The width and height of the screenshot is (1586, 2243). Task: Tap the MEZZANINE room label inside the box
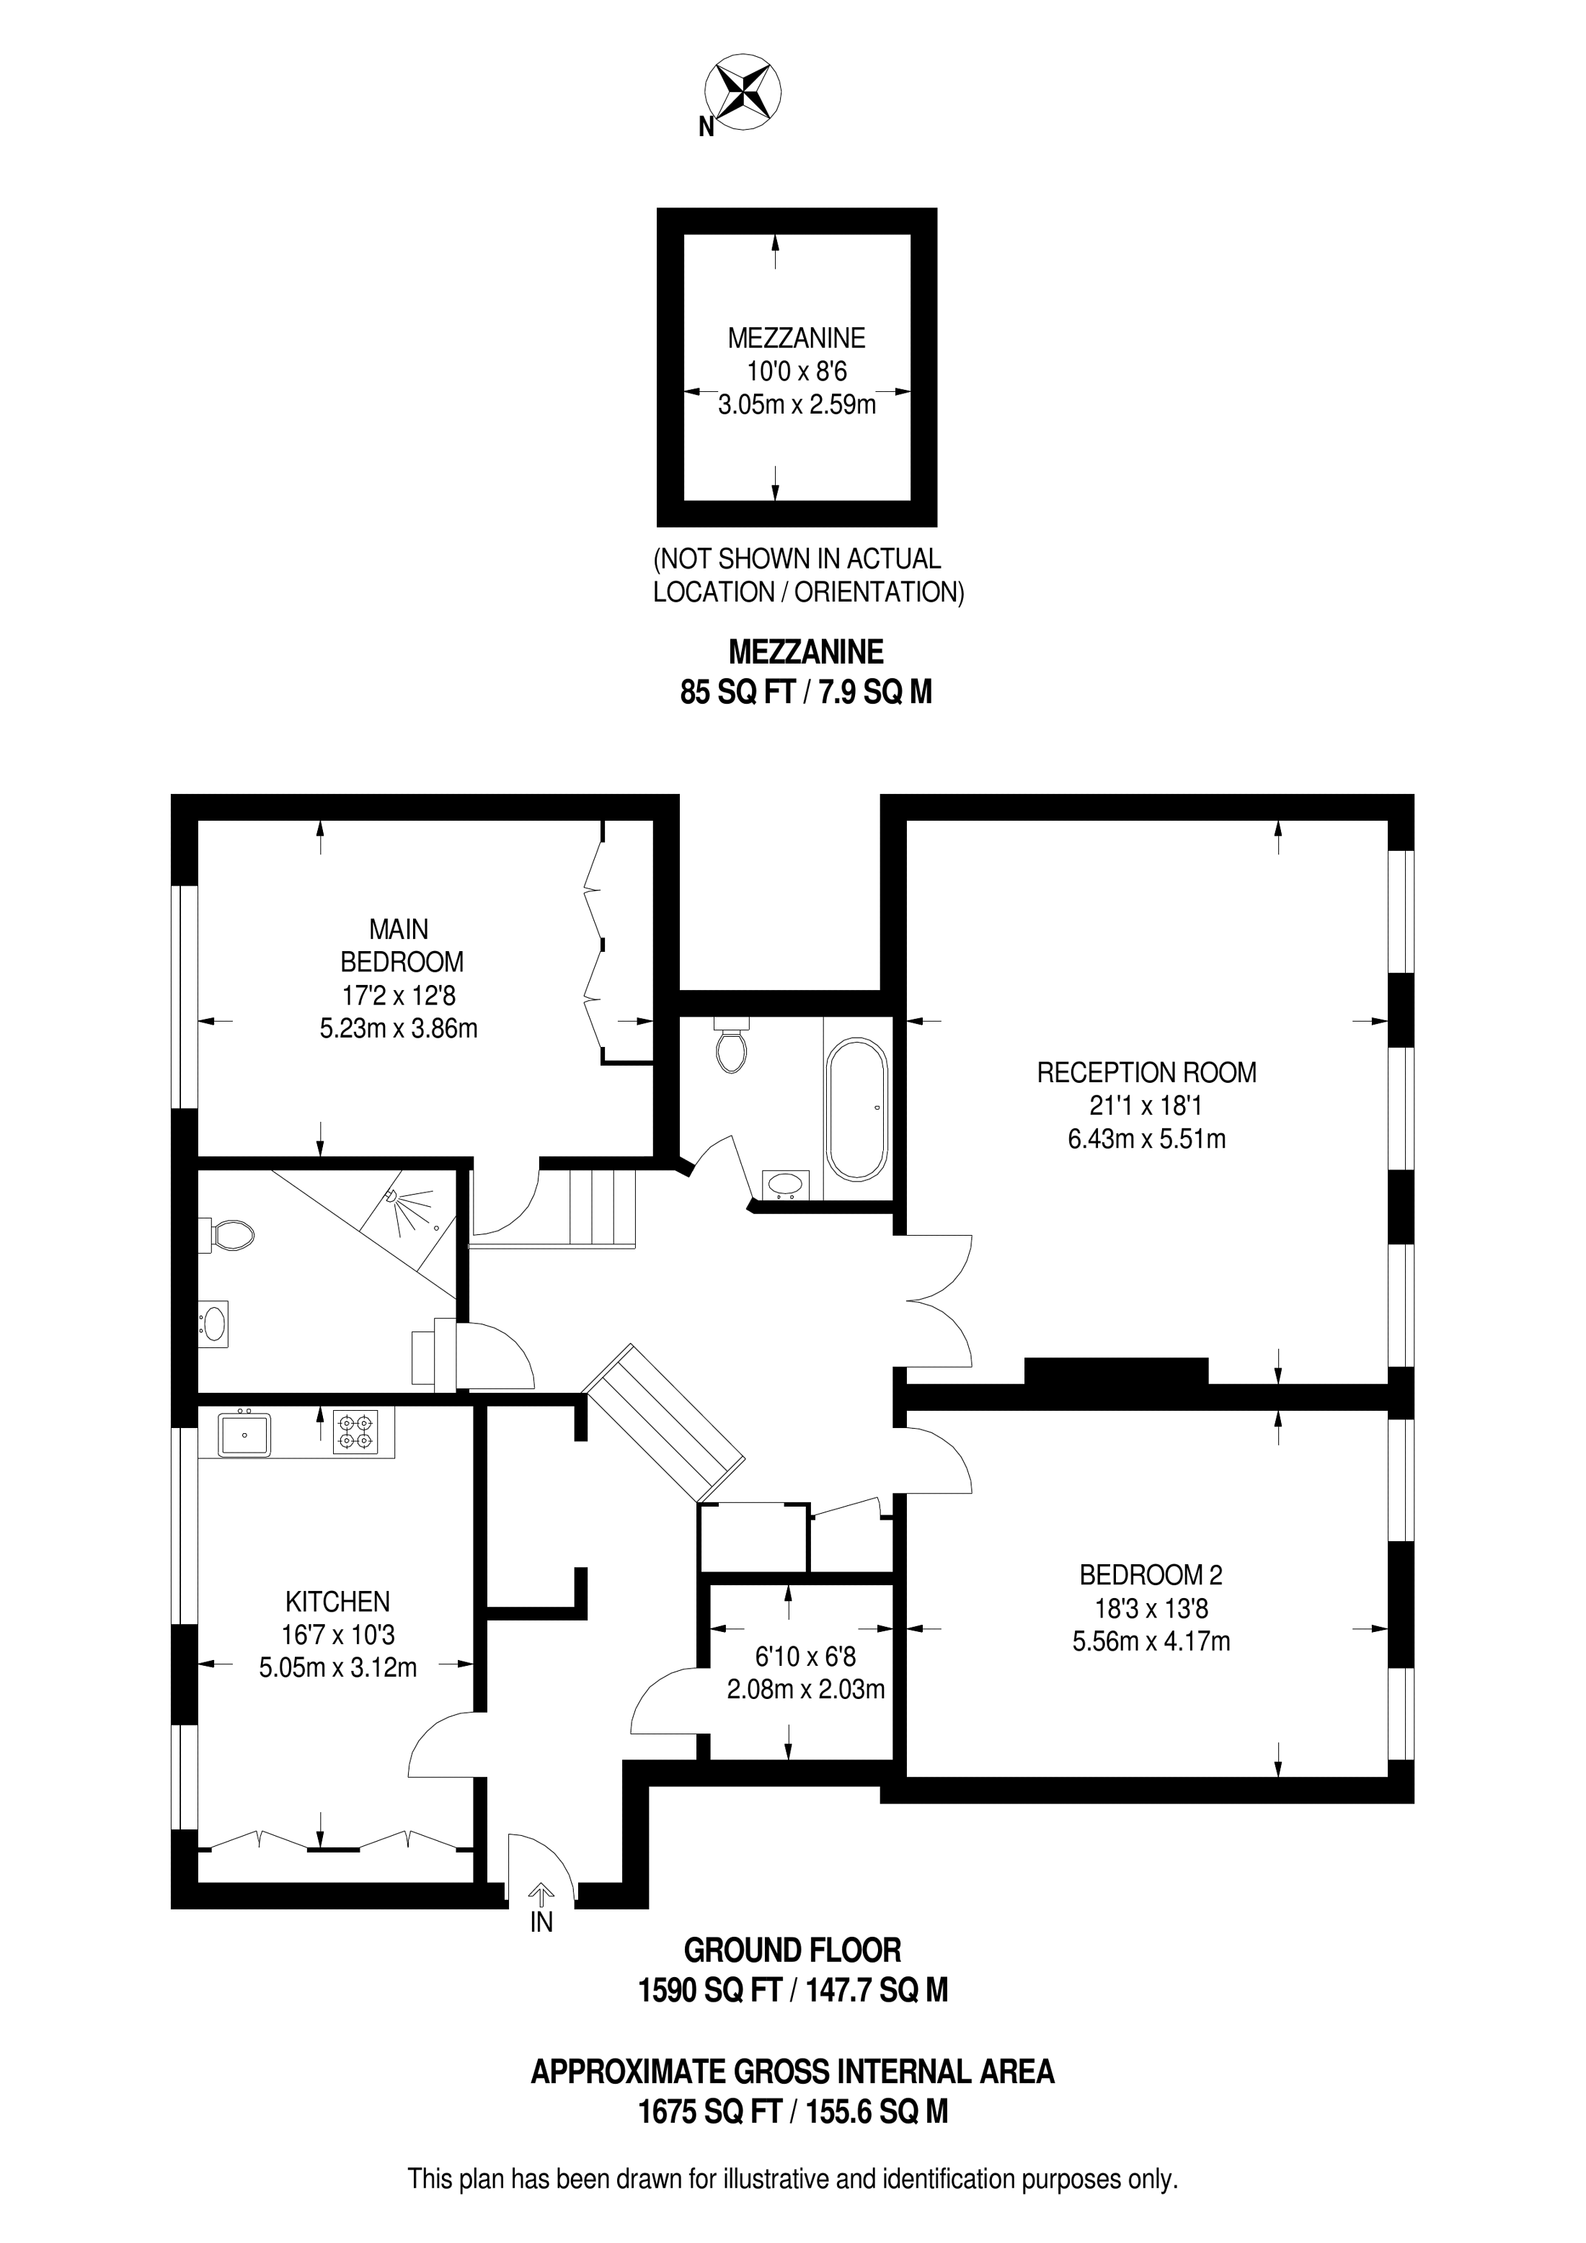pyautogui.click(x=797, y=338)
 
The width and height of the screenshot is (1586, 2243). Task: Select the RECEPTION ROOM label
pyautogui.click(x=1146, y=1073)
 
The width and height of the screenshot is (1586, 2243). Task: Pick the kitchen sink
pyautogui.click(x=244, y=1434)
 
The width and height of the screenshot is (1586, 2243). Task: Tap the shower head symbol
pyautogui.click(x=393, y=1195)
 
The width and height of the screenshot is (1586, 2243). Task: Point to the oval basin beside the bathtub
pyautogui.click(x=786, y=1184)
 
